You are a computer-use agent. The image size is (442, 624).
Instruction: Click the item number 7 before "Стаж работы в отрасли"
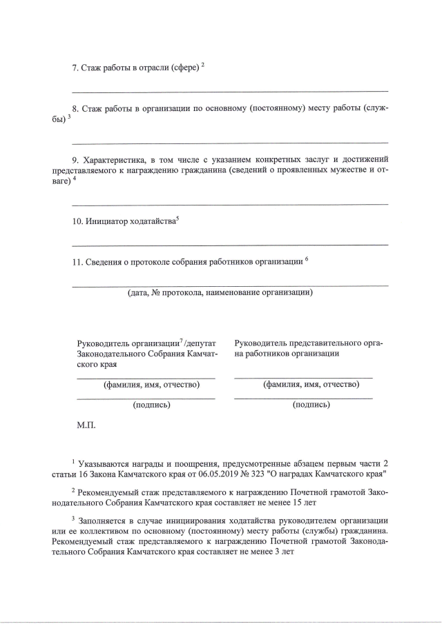point(75,68)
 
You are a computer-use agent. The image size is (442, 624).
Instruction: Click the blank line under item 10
point(229,245)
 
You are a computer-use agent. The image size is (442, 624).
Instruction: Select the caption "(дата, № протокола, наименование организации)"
point(220,292)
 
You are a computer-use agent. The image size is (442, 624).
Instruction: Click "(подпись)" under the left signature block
point(151,405)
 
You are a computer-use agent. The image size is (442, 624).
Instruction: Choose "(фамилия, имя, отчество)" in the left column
point(151,384)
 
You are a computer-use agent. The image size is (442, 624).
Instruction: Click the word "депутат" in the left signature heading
point(202,343)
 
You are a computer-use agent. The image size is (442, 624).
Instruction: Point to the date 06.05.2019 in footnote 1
point(224,474)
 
